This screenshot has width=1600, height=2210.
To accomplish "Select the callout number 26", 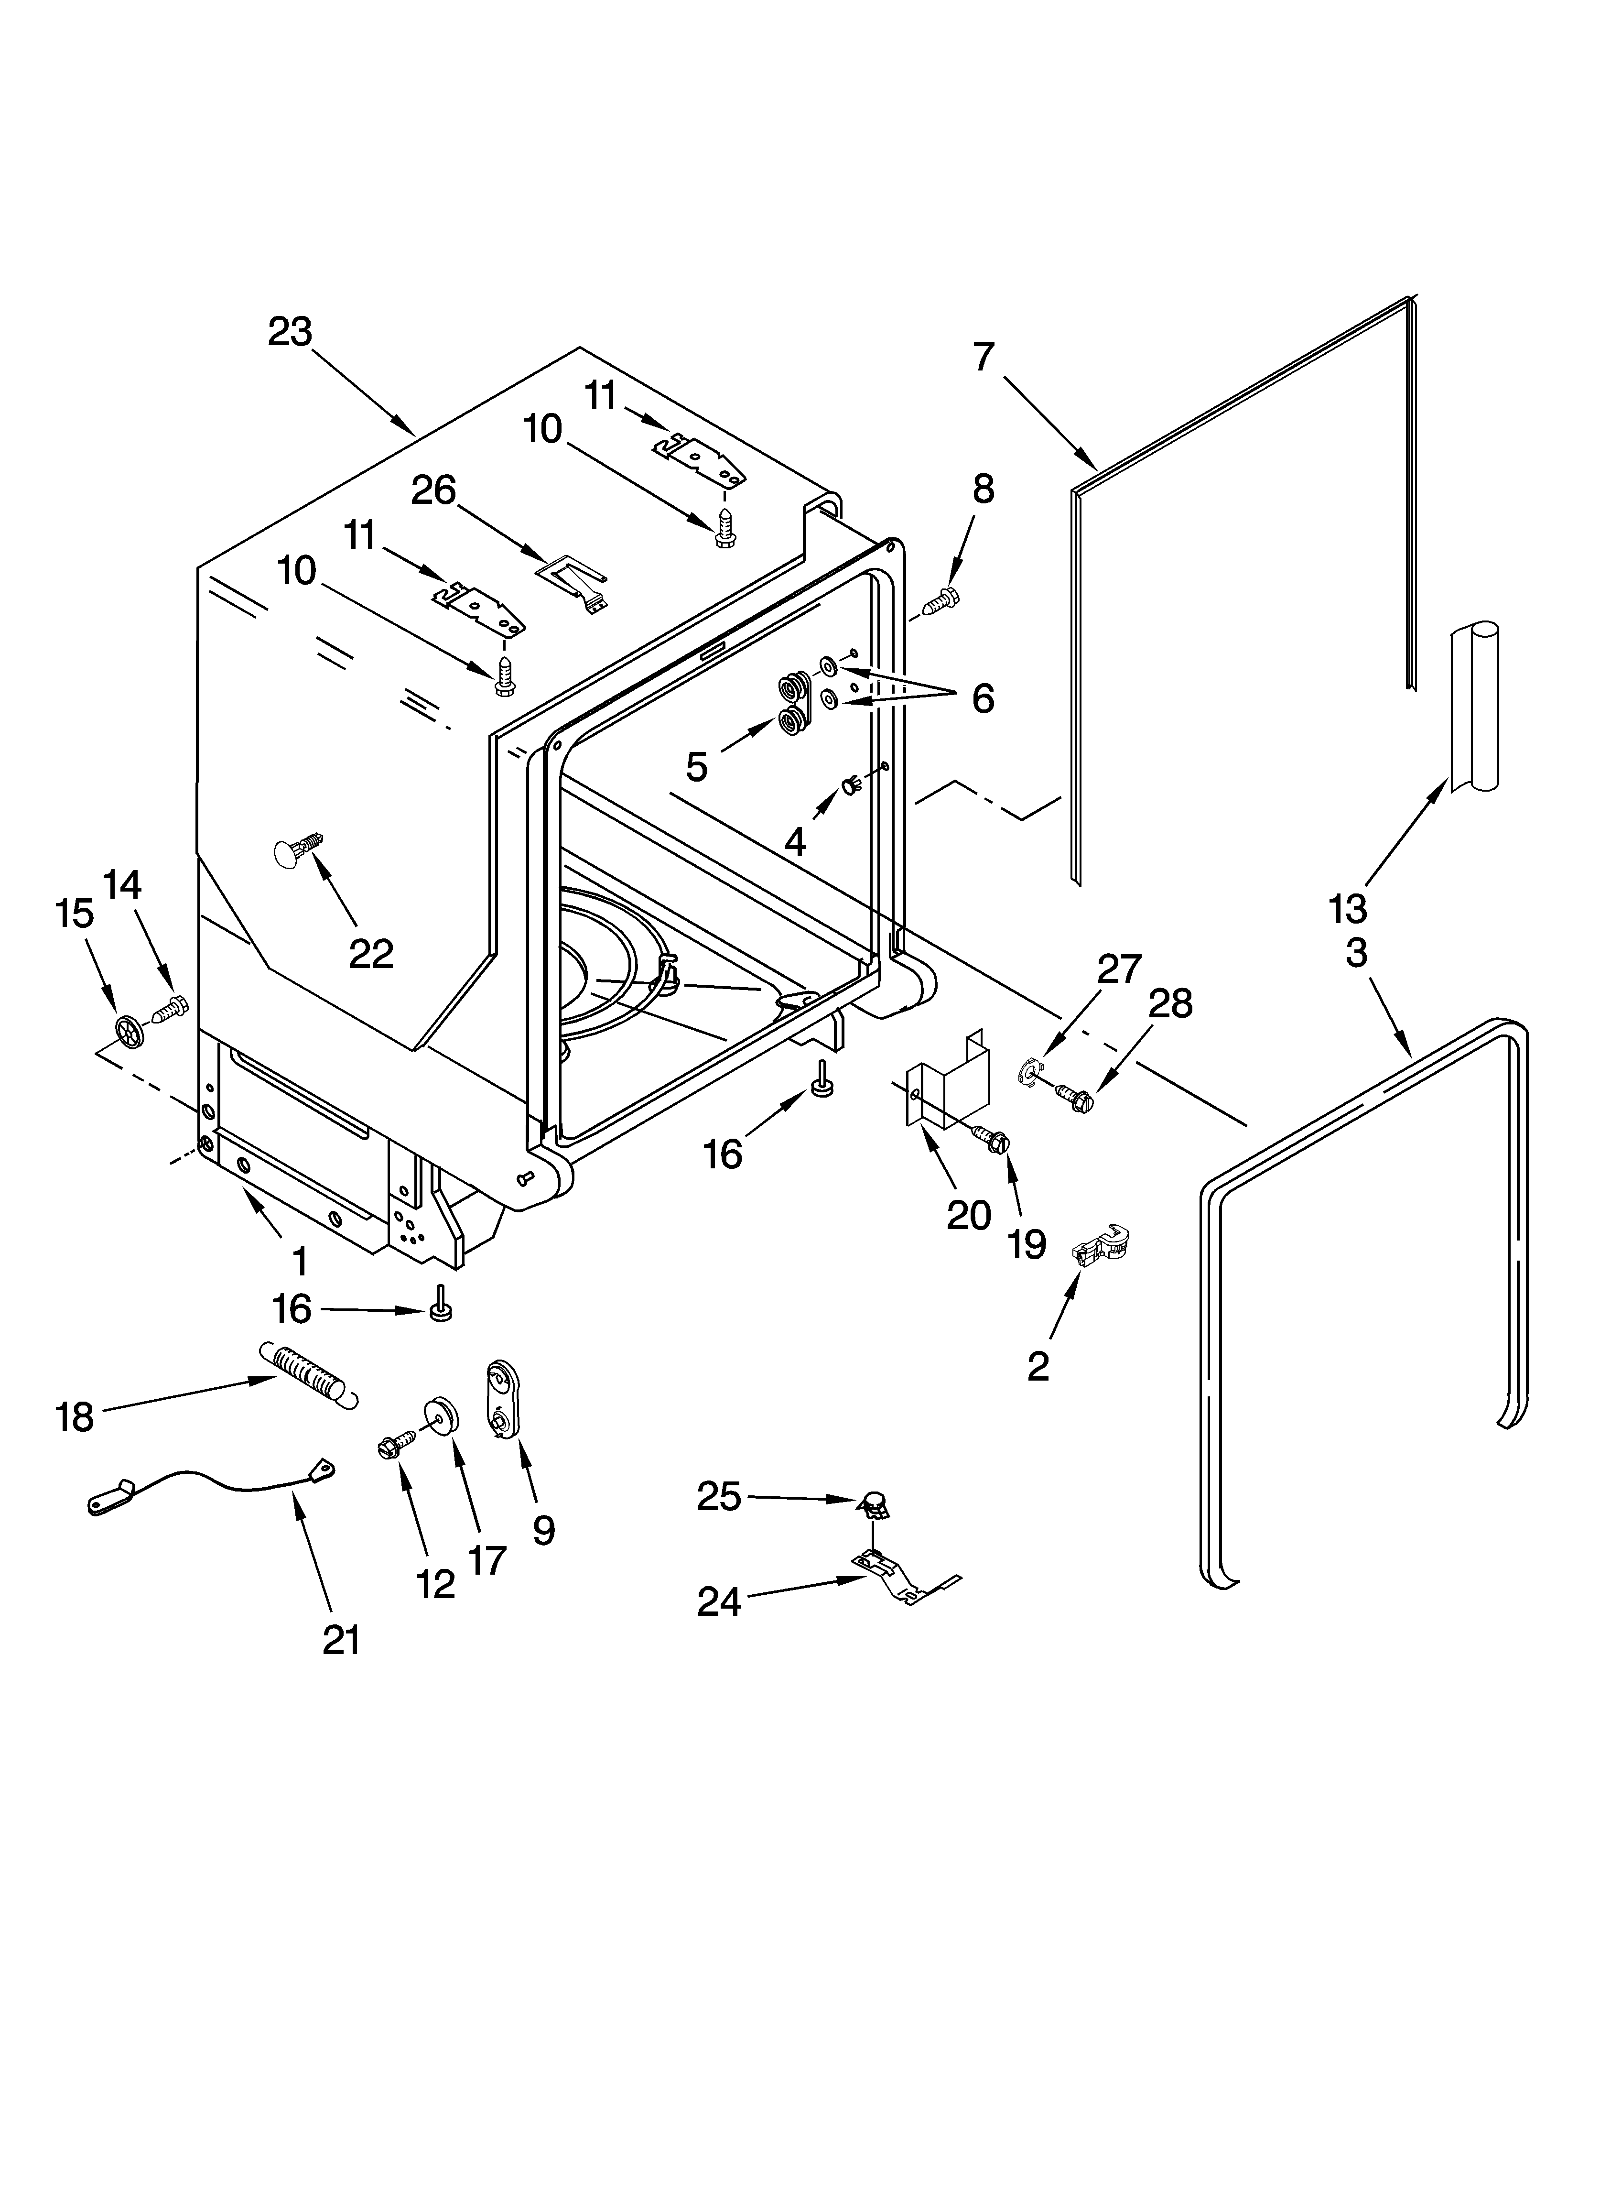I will point(432,490).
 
